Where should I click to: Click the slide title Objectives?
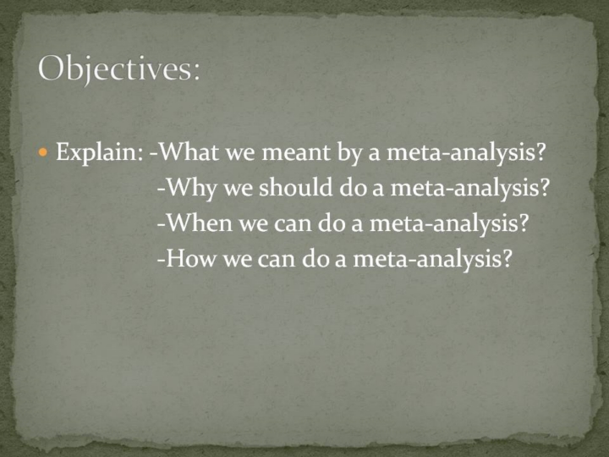(x=119, y=69)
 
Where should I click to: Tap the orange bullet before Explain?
(x=43, y=151)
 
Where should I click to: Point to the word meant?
(x=296, y=152)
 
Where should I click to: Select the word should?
(x=295, y=186)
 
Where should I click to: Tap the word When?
(x=199, y=223)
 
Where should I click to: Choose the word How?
(x=190, y=258)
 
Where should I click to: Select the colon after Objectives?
(x=196, y=71)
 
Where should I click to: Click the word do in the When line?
(x=332, y=223)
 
